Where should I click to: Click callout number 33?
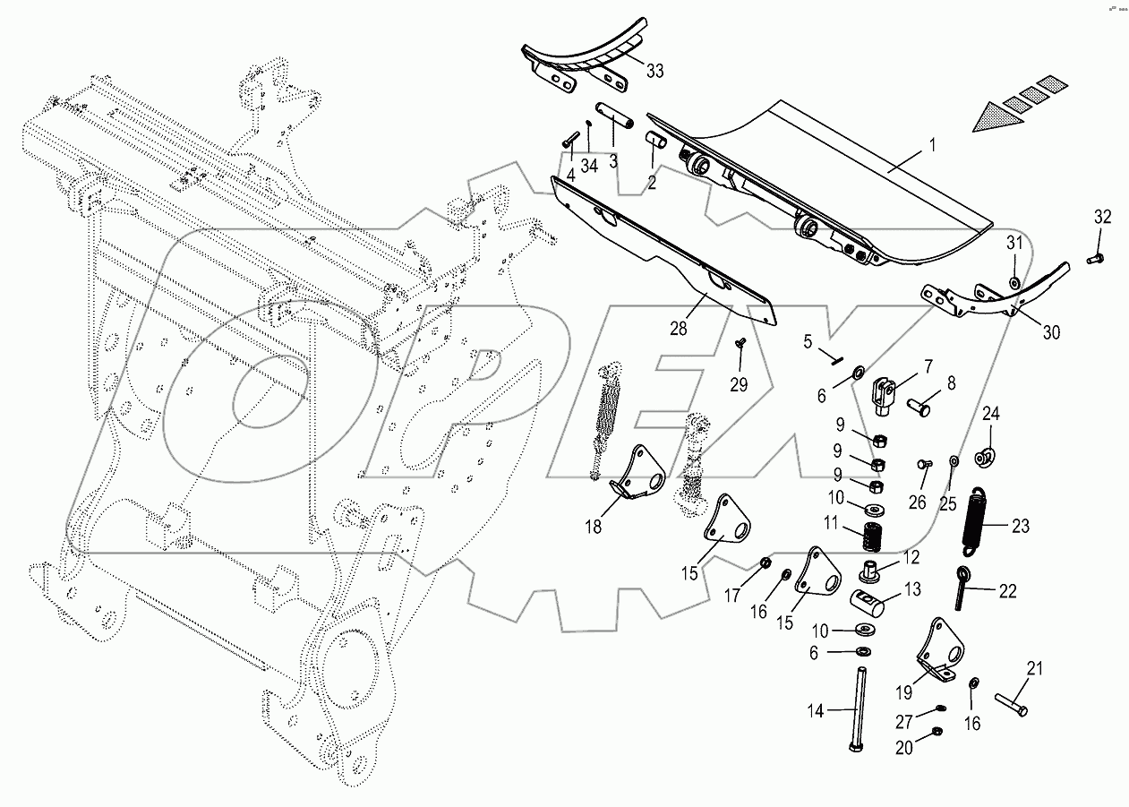click(654, 72)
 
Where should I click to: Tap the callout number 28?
click(679, 329)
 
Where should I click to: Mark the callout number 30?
click(1051, 332)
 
